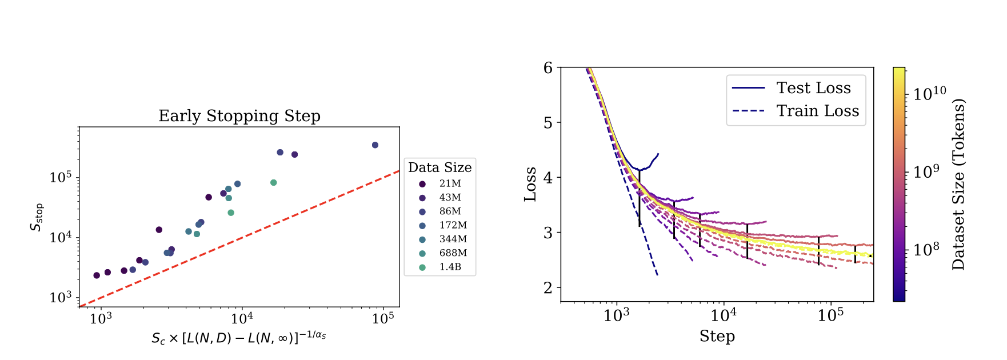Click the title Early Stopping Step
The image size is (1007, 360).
239,116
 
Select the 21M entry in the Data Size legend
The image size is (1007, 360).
450,183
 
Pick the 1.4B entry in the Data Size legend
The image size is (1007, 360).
450,267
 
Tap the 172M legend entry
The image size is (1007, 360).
453,225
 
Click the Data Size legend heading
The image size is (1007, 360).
439,167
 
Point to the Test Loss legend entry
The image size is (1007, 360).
813,88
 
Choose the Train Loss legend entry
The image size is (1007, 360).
817,111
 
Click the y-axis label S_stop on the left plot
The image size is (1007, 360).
37,217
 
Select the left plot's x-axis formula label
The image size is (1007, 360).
238,338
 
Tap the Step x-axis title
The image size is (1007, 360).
717,336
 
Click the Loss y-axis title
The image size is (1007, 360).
530,184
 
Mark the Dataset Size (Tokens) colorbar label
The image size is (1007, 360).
958,184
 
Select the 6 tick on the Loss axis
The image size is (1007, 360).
549,68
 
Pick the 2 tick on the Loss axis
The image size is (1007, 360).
549,288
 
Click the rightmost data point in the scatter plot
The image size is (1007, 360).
375,145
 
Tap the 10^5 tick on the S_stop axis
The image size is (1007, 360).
60,178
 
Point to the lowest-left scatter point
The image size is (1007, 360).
97,275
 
